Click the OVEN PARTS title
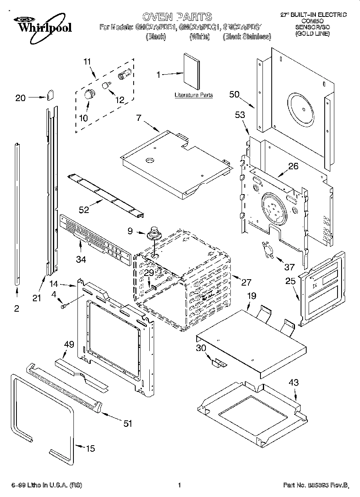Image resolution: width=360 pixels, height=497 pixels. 177,16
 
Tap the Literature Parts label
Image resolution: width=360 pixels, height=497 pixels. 193,95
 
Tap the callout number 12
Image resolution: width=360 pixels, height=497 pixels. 120,100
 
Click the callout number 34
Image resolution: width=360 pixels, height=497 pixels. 81,260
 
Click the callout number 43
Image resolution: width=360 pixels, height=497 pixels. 293,383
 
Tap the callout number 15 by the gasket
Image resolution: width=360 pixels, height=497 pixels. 91,448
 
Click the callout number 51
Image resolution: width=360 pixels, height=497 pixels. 127,423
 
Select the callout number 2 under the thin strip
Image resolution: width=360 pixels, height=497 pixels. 16,308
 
